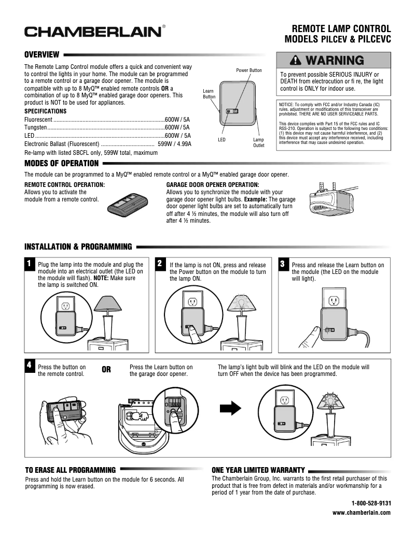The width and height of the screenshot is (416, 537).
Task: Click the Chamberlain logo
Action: click(x=94, y=32)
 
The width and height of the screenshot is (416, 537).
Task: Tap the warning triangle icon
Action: click(x=296, y=61)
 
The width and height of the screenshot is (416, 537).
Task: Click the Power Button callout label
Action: click(x=249, y=70)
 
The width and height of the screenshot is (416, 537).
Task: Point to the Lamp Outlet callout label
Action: click(x=258, y=143)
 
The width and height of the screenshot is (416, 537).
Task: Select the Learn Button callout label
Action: click(x=209, y=94)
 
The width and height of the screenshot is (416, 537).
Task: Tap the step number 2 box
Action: click(x=161, y=264)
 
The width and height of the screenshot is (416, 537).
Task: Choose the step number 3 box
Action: click(x=283, y=264)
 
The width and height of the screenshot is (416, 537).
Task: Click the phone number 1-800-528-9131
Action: click(x=371, y=503)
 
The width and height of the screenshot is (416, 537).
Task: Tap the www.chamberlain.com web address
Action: click(x=361, y=513)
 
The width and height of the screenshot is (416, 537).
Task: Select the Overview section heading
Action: click(x=42, y=54)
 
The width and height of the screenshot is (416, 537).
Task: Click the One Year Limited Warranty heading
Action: click(x=258, y=470)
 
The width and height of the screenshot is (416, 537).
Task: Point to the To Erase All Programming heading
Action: click(x=71, y=470)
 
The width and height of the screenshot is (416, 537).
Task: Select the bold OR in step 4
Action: click(x=106, y=370)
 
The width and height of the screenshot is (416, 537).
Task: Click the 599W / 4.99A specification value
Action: click(x=174, y=144)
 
